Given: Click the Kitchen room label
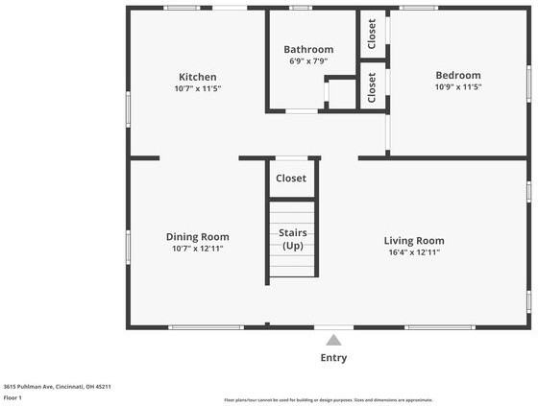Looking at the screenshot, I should pos(197,77).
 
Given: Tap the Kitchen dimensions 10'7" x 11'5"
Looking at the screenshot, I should pos(197,88).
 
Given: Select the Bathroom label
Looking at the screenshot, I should pos(308,50).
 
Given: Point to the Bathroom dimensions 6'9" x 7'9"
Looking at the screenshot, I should pos(308,61).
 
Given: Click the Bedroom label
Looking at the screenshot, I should pos(458,76).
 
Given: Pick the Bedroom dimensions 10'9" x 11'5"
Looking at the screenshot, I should pos(458,87).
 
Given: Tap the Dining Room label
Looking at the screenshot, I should pos(197,237).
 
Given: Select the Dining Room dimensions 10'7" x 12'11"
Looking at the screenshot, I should pos(197,249).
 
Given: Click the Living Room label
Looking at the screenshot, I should pos(414,241).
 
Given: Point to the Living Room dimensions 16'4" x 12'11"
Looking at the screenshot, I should pos(414,252).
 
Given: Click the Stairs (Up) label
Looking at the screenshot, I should pos(292,239).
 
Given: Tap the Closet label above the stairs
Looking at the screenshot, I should pos(291,179).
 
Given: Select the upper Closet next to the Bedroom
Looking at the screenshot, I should pos(373,34).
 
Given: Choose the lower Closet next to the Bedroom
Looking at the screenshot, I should pos(373,87).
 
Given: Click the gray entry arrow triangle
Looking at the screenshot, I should pos(333,340).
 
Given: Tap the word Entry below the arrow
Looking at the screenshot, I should pos(333,358).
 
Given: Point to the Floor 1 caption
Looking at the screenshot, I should pos(12,397).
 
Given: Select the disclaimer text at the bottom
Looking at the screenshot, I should pos(328,400).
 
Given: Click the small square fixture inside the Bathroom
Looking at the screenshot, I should pos(341,94).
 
